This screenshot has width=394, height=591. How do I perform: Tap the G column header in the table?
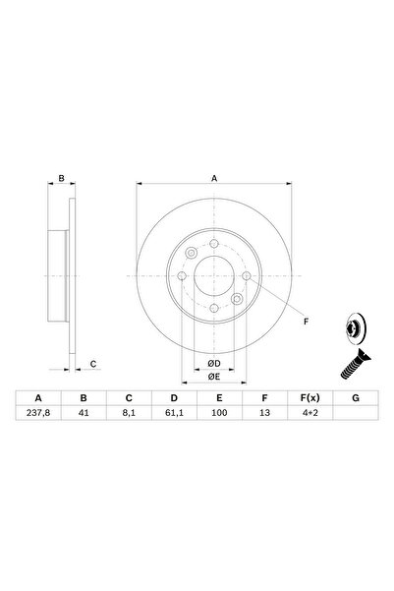point(355,398)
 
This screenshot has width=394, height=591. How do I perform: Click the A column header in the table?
point(38,398)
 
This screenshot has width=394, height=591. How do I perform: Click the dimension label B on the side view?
point(61,179)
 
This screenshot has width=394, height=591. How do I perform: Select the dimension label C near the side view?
point(93,365)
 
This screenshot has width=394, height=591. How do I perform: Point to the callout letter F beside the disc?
point(305,322)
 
